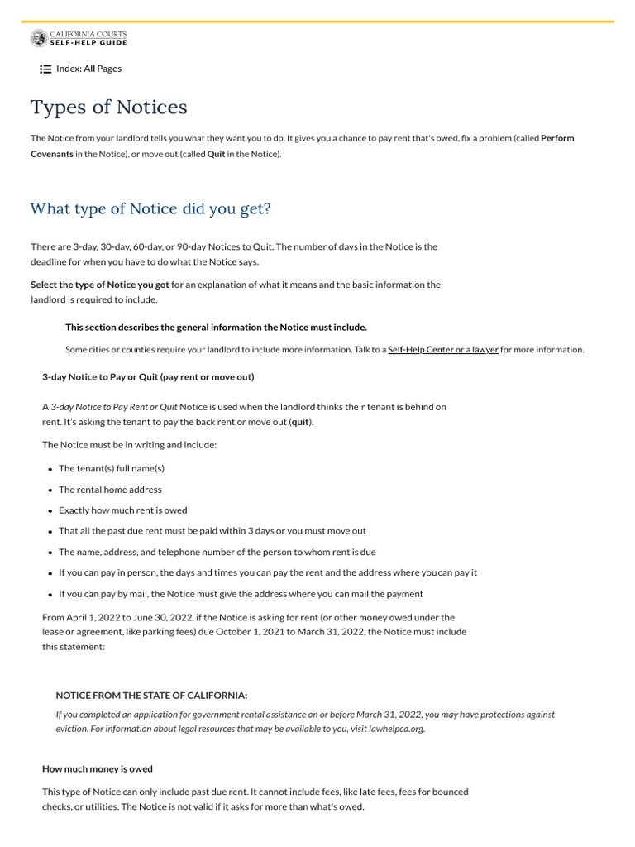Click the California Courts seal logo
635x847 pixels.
(39, 38)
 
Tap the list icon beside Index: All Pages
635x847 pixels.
(45, 69)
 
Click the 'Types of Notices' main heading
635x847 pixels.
(108, 108)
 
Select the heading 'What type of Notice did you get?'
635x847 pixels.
(150, 208)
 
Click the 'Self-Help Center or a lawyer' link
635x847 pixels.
(443, 350)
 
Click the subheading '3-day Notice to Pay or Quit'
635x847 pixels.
(148, 377)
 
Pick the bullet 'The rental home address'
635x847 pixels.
(110, 490)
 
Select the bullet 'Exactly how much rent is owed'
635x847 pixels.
(122, 510)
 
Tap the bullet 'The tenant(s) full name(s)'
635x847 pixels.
(112, 468)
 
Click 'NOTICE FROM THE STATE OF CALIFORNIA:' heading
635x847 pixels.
(151, 696)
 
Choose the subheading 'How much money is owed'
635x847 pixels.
(98, 769)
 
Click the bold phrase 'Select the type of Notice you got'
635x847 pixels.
(100, 285)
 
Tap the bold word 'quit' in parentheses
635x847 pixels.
(300, 422)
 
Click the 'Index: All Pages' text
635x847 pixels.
(88, 69)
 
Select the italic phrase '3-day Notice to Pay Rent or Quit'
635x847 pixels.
(114, 407)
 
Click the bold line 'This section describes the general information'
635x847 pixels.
(216, 328)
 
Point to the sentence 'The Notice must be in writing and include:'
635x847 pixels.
(130, 445)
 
